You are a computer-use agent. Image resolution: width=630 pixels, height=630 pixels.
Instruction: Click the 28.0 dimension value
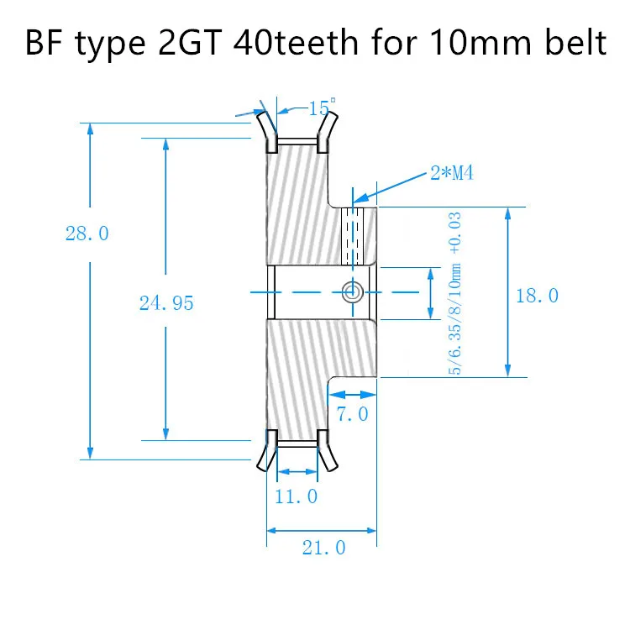[x=87, y=234]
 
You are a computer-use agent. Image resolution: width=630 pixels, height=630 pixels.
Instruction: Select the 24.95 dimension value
[x=165, y=303]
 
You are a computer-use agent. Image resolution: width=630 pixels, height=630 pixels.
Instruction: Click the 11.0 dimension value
[x=296, y=496]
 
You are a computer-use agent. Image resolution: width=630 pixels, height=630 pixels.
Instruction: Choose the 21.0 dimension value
[x=323, y=548]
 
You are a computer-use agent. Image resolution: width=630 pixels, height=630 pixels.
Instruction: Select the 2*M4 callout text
[x=453, y=174]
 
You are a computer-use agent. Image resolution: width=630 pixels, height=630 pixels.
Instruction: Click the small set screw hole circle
[x=352, y=291]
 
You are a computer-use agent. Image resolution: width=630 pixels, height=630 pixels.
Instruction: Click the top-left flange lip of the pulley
[x=266, y=126]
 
